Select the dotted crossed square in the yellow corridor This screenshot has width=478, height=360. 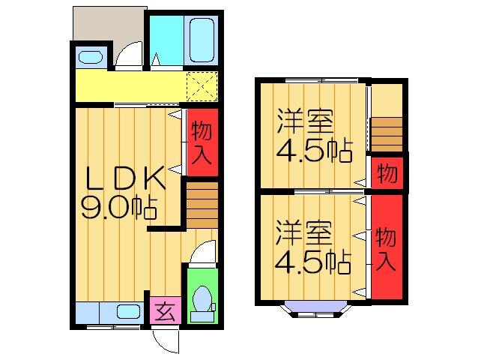tap(201, 85)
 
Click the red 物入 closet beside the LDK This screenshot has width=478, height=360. tap(202, 142)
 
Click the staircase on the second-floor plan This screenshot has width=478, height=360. tap(386, 135)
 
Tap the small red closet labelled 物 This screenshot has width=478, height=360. tap(387, 173)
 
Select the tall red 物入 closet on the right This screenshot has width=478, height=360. tap(387, 247)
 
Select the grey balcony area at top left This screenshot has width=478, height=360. tap(105, 26)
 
